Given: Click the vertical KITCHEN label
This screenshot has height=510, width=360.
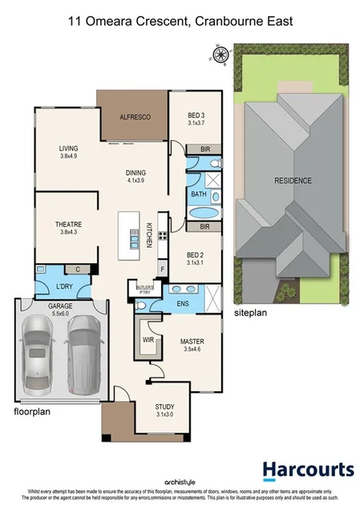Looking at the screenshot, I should click(149, 233).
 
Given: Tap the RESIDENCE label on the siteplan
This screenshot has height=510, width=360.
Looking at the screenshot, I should click(293, 181).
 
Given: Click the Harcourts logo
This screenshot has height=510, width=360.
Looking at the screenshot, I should click(307, 470).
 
